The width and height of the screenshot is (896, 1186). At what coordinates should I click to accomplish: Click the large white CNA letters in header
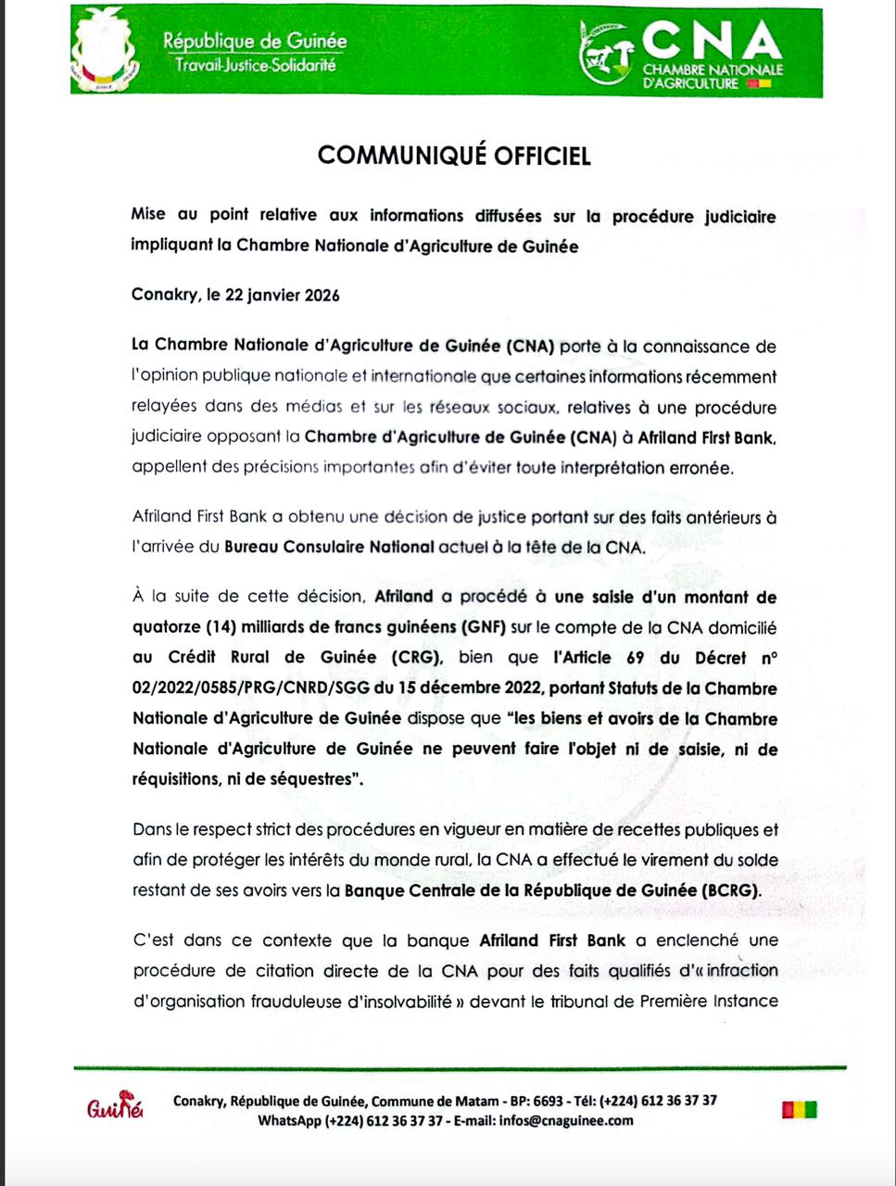pyautogui.click(x=712, y=42)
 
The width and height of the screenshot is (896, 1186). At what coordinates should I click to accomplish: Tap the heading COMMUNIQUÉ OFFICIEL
pyautogui.click(x=454, y=156)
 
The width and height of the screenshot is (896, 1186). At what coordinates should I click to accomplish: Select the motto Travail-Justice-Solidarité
pyautogui.click(x=249, y=66)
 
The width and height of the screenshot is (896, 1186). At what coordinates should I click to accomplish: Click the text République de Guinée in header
pyautogui.click(x=255, y=42)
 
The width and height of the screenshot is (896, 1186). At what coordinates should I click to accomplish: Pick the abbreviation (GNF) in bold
pyautogui.click(x=483, y=628)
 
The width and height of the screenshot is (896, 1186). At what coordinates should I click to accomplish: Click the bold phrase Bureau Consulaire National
pyautogui.click(x=330, y=547)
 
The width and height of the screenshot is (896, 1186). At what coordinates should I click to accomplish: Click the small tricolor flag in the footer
pyautogui.click(x=799, y=1109)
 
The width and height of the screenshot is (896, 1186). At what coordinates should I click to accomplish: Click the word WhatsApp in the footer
pyautogui.click(x=289, y=1120)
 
